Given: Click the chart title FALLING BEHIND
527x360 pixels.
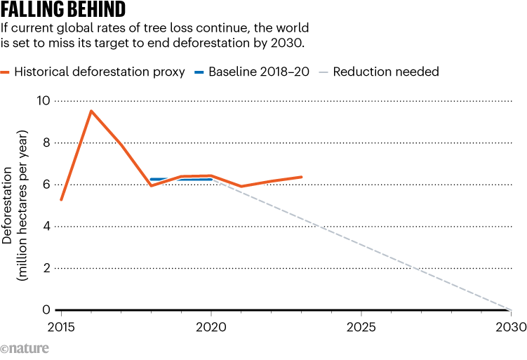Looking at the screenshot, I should [64, 10].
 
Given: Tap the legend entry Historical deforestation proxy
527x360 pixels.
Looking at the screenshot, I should [98, 72].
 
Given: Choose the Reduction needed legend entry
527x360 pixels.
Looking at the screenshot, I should [385, 72].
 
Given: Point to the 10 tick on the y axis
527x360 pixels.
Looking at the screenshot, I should [44, 101].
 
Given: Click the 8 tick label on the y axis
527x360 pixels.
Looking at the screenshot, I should [46, 142].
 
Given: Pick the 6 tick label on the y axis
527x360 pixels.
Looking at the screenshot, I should [46, 185].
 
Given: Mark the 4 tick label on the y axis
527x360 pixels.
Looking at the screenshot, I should [46, 226].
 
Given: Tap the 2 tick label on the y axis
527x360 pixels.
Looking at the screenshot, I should [46, 268].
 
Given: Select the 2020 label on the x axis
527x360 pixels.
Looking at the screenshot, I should [211, 327].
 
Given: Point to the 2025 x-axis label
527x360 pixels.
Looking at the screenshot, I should [361, 327].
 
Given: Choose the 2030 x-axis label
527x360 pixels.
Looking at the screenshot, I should [510, 327].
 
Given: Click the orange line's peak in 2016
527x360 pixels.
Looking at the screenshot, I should [91, 111].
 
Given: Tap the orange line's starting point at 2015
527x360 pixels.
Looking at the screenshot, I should [61, 200].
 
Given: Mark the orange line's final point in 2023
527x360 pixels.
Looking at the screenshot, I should [301, 177].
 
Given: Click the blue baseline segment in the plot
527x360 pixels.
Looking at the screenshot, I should [181, 180].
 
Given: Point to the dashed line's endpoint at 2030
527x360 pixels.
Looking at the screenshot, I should [510, 309].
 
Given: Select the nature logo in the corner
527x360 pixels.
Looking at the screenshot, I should [23, 349].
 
